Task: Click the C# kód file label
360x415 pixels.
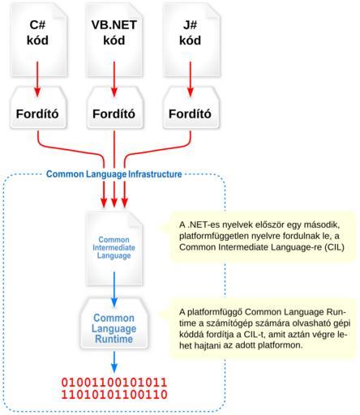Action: pos(37,32)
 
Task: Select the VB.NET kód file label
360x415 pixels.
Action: pos(114,32)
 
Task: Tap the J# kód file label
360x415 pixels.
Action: pos(191,32)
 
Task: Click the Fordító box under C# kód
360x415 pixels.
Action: pos(38,108)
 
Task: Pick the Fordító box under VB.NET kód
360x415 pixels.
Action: pos(114,108)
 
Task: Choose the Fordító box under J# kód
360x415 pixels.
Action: pos(191,108)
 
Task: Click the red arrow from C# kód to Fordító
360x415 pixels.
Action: pos(37,79)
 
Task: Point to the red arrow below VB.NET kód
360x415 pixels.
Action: pos(114,79)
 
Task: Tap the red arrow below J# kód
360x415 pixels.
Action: pos(191,79)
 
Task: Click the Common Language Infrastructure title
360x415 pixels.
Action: pos(114,174)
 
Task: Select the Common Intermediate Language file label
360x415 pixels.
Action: pos(114,247)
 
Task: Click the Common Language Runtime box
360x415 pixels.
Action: pos(114,323)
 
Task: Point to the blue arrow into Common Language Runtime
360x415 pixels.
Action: pos(114,289)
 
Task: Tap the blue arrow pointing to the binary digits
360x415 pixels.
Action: pos(114,362)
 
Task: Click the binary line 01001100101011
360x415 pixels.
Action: pos(114,383)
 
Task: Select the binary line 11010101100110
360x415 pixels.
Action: pos(114,395)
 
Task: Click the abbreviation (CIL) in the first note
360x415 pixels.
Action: pos(334,247)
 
